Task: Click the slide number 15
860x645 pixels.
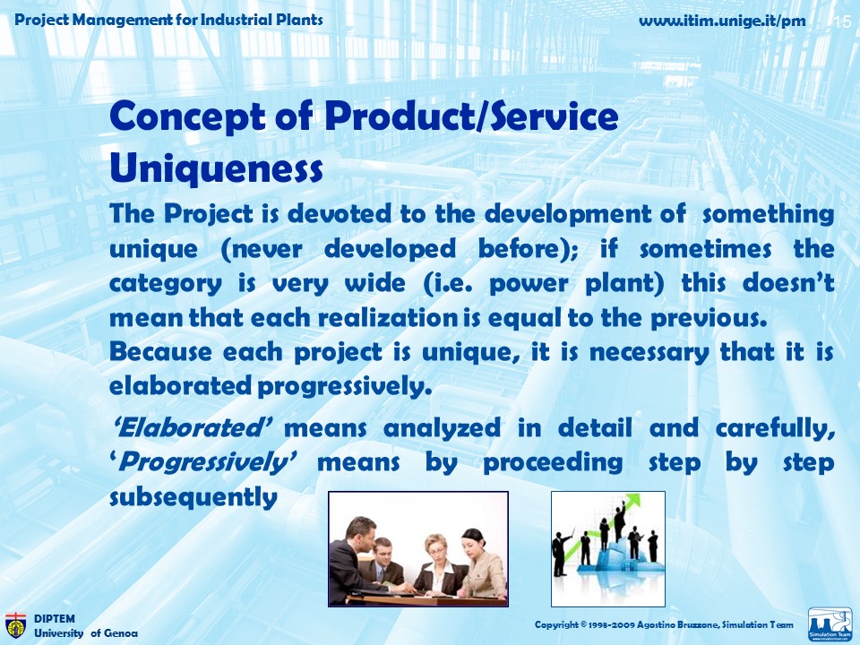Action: point(842,21)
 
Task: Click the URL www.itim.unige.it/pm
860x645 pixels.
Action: point(722,21)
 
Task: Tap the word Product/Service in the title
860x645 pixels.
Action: point(472,116)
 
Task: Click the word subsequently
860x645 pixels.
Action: point(193,498)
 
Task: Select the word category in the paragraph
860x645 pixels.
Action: point(166,284)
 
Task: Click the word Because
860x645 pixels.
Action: point(160,351)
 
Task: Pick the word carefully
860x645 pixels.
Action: point(775,428)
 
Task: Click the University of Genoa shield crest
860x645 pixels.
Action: point(15,626)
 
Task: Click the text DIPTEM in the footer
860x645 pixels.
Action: point(55,619)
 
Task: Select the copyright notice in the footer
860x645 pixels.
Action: point(664,624)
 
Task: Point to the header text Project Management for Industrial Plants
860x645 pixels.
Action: point(168,21)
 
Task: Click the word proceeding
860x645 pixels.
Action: point(553,463)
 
